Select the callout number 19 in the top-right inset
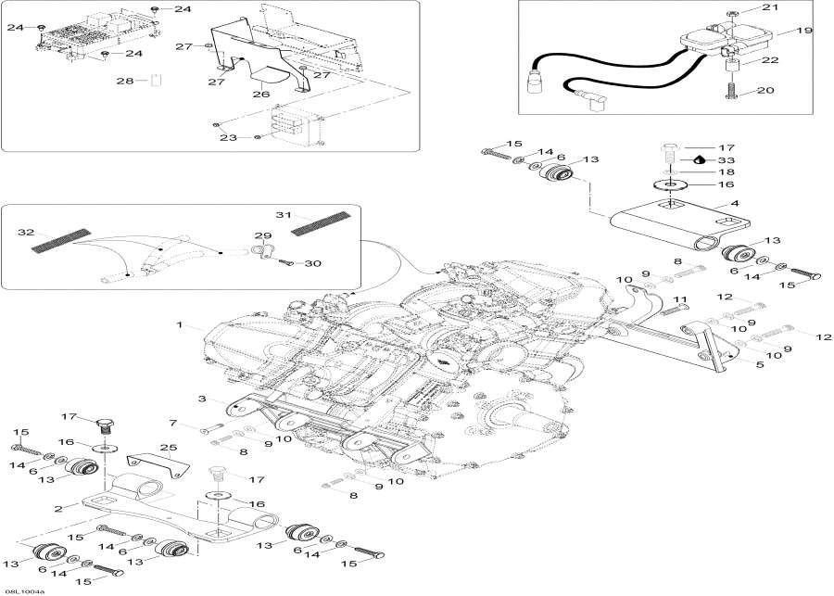click(803, 31)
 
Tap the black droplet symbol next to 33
click(689, 159)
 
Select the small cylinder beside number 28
click(157, 81)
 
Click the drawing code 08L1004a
click(23, 590)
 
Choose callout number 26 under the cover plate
click(261, 93)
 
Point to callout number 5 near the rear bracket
click(759, 366)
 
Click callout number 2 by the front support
click(57, 507)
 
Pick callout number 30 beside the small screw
click(314, 264)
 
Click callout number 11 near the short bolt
click(682, 298)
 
